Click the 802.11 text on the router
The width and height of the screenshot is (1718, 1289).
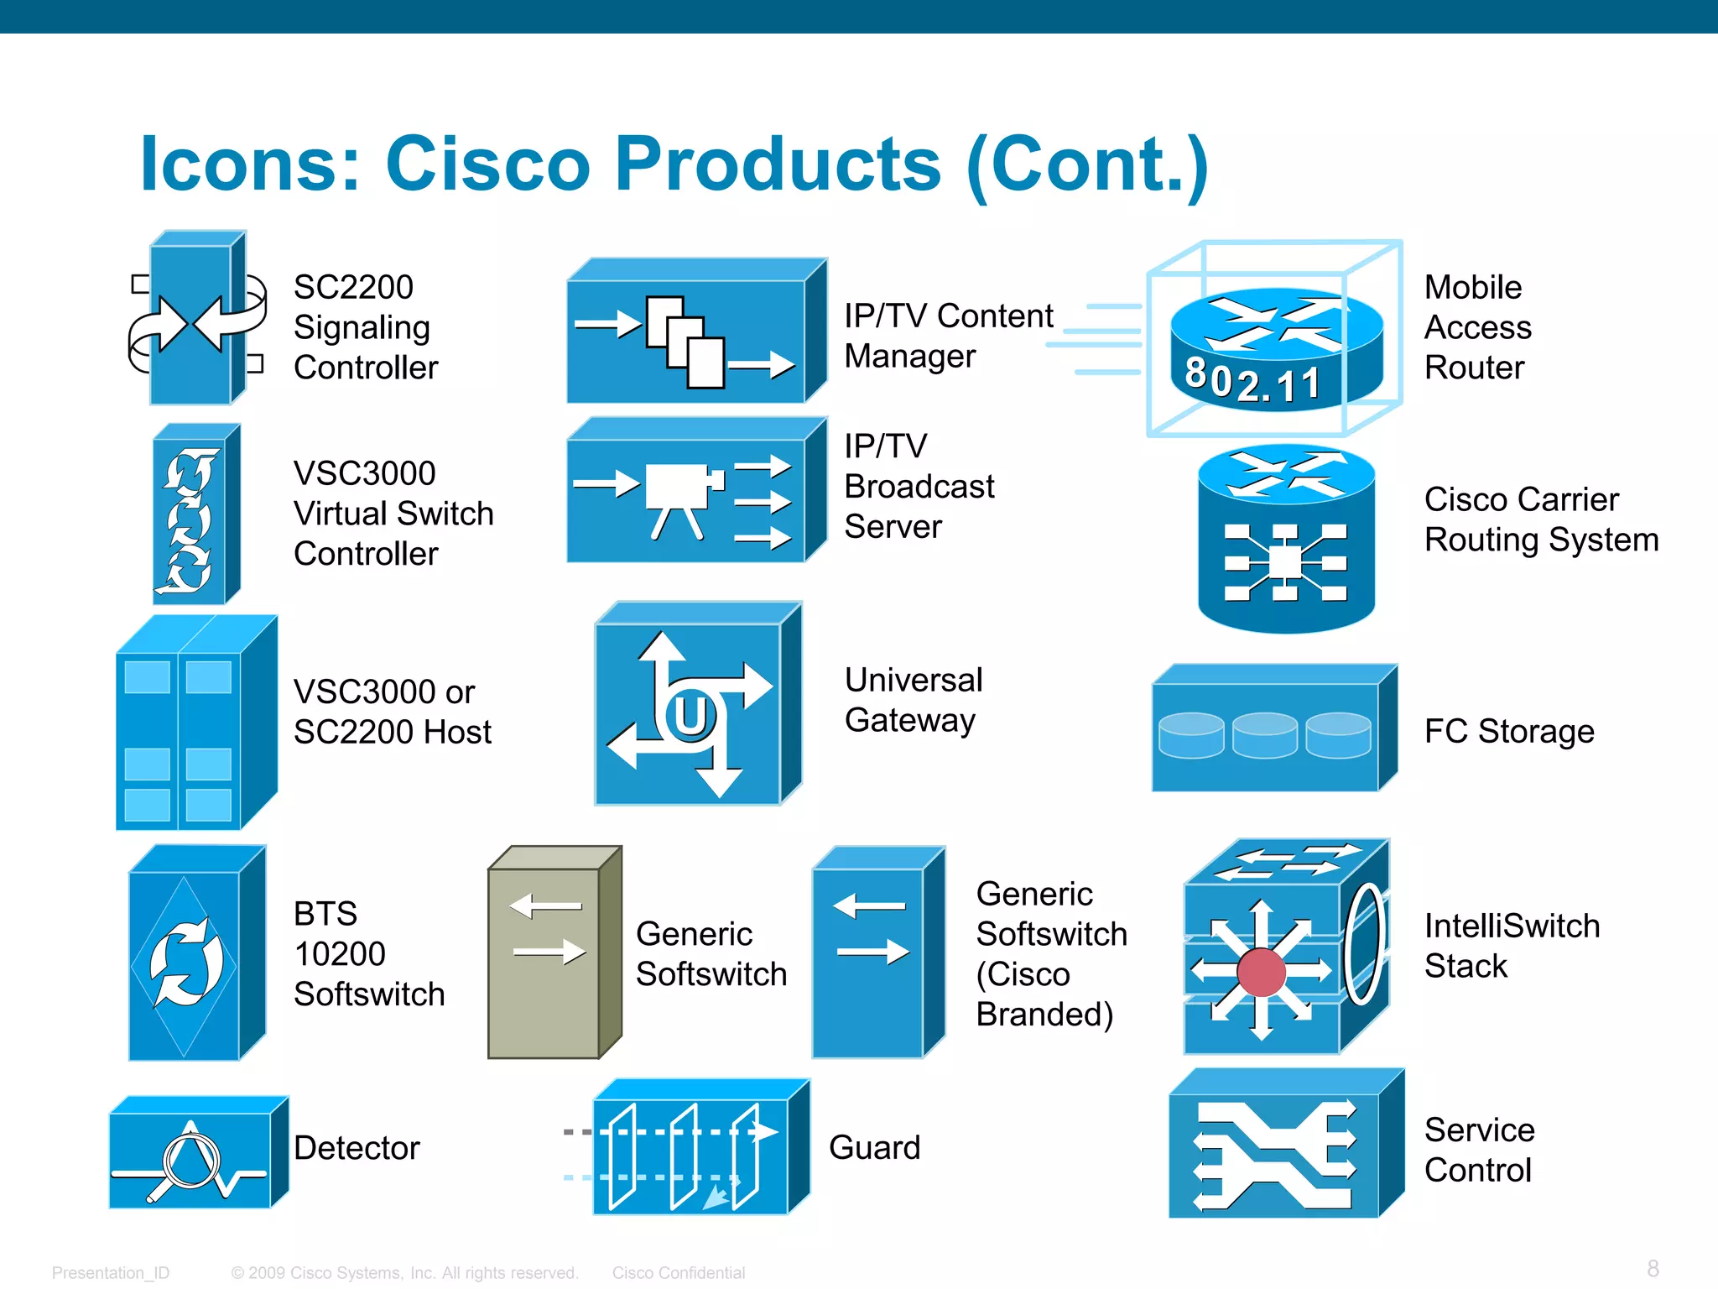[x=1252, y=382]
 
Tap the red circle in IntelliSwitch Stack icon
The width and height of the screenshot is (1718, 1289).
[x=1261, y=972]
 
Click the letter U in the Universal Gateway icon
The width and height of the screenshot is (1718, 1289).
[x=690, y=716]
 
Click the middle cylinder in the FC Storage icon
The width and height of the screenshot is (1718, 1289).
[x=1265, y=734]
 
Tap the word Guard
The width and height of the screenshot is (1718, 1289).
[x=874, y=1147]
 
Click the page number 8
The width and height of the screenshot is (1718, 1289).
[x=1653, y=1268]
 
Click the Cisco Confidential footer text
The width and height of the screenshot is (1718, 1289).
[x=678, y=1273]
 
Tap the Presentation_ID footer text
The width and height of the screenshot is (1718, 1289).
[x=111, y=1273]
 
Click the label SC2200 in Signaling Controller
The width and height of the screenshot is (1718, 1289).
[x=353, y=287]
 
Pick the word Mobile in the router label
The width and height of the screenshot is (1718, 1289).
[x=1472, y=287]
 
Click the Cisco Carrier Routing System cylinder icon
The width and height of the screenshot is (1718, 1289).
[x=1285, y=541]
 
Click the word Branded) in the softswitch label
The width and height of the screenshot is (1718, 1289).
[x=1044, y=1015]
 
